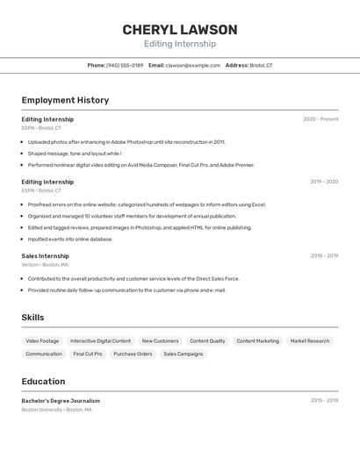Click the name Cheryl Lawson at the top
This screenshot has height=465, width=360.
(x=180, y=30)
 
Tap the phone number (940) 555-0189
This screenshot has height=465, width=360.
(x=125, y=66)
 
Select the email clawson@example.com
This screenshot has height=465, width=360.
(x=193, y=66)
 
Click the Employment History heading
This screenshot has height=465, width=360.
(x=65, y=100)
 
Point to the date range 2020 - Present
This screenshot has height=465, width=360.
(x=320, y=119)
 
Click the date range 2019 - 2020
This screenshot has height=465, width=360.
(x=323, y=182)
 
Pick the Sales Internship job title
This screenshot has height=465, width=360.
(x=46, y=256)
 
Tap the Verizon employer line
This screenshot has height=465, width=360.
(x=45, y=264)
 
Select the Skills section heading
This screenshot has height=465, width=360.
(x=32, y=318)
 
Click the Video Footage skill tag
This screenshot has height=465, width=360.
(x=42, y=340)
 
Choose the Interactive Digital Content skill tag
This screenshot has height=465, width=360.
(x=100, y=340)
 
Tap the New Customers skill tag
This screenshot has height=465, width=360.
(x=160, y=340)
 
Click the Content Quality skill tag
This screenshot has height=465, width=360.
(x=207, y=340)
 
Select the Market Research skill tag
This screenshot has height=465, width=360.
(x=310, y=340)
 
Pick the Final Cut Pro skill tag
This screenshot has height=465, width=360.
(x=88, y=354)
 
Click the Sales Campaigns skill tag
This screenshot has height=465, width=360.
(x=183, y=354)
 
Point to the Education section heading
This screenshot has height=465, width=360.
(x=43, y=382)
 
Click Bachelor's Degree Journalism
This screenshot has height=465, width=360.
(x=61, y=401)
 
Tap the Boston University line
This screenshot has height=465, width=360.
(x=56, y=409)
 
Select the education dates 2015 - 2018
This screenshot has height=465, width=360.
(x=324, y=400)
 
